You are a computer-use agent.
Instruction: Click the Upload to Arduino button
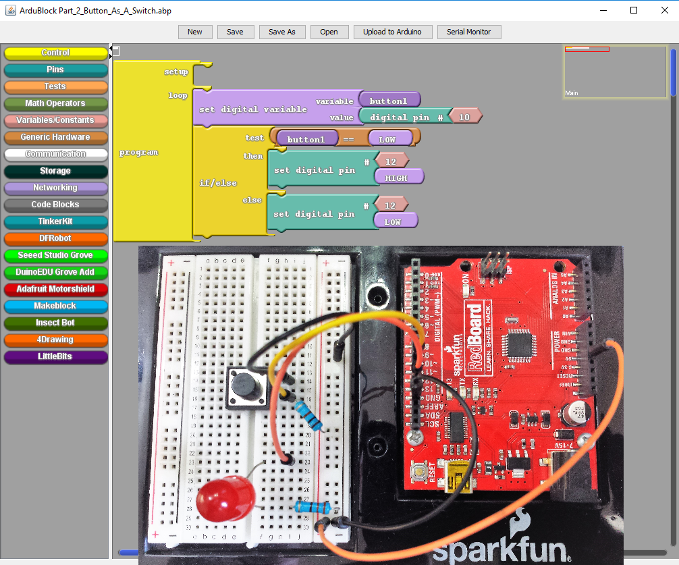pyautogui.click(x=392, y=32)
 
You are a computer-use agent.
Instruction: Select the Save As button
pyautogui.click(x=281, y=32)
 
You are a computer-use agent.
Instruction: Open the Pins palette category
pyautogui.click(x=55, y=70)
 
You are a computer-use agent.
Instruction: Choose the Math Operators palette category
pyautogui.click(x=55, y=103)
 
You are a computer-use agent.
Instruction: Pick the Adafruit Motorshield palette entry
pyautogui.click(x=55, y=289)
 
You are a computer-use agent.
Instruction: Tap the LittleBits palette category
pyautogui.click(x=55, y=356)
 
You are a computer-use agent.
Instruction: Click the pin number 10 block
pyautogui.click(x=464, y=117)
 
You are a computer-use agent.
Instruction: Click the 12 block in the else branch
pyautogui.click(x=389, y=205)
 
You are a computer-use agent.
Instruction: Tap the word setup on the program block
pyautogui.click(x=176, y=72)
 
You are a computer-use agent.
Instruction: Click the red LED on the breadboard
pyautogui.click(x=223, y=499)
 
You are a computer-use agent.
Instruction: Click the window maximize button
pyautogui.click(x=634, y=10)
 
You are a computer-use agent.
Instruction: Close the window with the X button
pyautogui.click(x=664, y=10)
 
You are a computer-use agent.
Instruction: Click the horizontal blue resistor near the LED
pyautogui.click(x=312, y=507)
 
